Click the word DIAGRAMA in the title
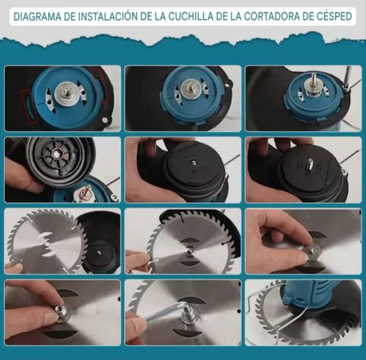click(x=37, y=16)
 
